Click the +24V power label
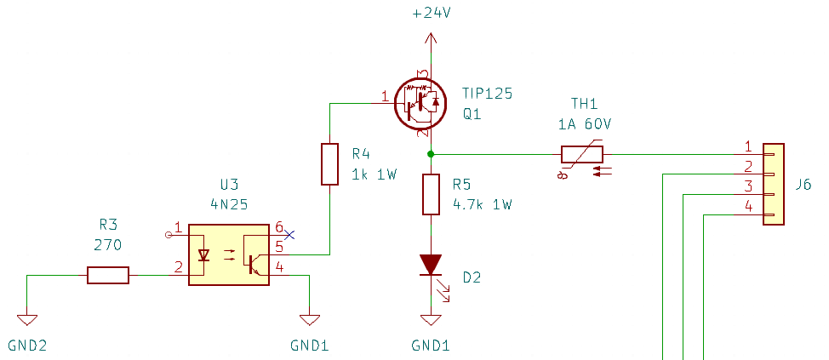pos(432,14)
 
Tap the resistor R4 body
pos(329,164)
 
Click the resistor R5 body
pos(432,195)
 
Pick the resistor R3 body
pos(108,275)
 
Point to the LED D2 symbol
pos(432,265)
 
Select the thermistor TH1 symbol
pos(582,155)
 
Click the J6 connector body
pos(773,184)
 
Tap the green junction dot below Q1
pos(431,154)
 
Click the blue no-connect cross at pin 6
pos(289,235)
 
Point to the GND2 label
pos(29,346)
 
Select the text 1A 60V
pos(584,124)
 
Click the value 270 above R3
pos(107,245)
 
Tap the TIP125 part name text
pos(487,94)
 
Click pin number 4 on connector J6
pos(748,206)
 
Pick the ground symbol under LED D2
pos(432,321)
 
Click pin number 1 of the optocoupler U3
pos(177,226)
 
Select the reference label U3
pos(229,185)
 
